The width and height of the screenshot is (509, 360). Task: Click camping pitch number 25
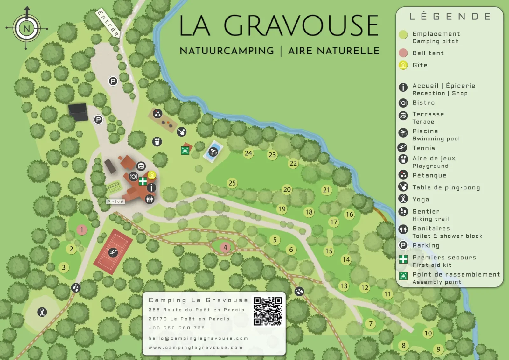[232, 183]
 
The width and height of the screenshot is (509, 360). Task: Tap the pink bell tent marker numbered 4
[225, 247]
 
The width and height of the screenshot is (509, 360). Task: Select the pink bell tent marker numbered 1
[82, 229]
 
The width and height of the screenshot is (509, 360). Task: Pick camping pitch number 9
[438, 349]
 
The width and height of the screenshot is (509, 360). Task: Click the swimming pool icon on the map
[213, 152]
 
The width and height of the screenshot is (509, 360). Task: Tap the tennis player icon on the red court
[113, 252]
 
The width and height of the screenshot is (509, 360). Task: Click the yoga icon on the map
[42, 312]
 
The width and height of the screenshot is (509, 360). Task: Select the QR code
[268, 311]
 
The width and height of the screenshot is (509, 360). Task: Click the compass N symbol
[27, 29]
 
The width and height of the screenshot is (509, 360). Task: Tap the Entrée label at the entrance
[108, 23]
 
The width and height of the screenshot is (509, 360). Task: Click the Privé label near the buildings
[115, 202]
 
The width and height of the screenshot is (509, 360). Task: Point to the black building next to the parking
[78, 112]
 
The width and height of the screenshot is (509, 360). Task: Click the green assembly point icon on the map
[185, 151]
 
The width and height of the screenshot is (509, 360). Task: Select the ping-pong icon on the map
[181, 131]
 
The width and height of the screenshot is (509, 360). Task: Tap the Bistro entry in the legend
[423, 103]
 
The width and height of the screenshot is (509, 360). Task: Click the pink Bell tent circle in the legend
[403, 53]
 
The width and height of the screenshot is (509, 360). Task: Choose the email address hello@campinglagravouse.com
[198, 338]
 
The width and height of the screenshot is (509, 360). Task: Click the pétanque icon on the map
[157, 114]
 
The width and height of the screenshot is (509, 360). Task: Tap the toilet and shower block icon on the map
[150, 200]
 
